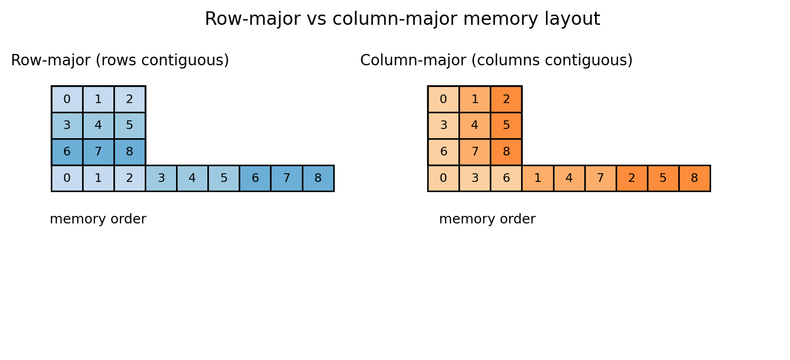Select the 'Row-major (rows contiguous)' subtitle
coord(120,60)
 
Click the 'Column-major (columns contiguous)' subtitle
coord(496,60)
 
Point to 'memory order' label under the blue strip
coord(98,220)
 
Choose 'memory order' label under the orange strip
coord(487,220)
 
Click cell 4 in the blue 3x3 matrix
coord(98,126)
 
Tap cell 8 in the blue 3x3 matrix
coord(130,152)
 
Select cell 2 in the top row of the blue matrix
coord(130,99)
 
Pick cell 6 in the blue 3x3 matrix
coord(67,152)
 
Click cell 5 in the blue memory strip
coord(224,178)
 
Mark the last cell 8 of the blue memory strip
coord(318,178)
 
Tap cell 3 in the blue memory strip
coord(161,178)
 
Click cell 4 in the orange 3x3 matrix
coord(475,126)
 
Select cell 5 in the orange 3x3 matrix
coord(506,126)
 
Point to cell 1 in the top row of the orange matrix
coord(475,99)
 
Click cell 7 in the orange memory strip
coord(600,178)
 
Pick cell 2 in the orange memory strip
coord(632,178)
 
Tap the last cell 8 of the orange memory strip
coord(694,178)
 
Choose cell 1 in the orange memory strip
coord(537,178)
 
